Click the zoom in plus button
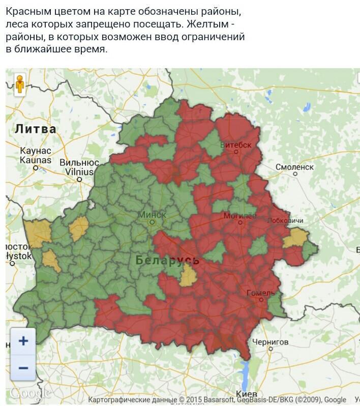click(23, 340)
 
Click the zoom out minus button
click(23, 367)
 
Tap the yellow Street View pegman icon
click(20, 83)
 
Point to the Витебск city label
click(236, 145)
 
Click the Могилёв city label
click(240, 216)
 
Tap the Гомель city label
click(260, 293)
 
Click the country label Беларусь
click(167, 260)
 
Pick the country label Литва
click(35, 129)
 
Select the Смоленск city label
click(294, 166)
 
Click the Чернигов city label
click(271, 342)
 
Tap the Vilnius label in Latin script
click(79, 172)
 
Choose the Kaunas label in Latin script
click(36, 160)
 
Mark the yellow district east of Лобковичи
click(295, 238)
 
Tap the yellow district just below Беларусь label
click(189, 276)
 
